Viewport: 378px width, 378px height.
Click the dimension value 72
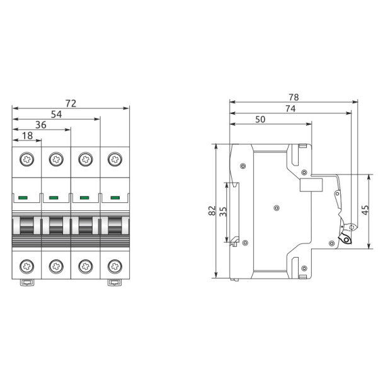coord(71,103)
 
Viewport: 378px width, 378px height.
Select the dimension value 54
coord(56,114)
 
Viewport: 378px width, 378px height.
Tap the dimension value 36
coord(41,125)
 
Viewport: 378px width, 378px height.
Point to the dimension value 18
coord(26,136)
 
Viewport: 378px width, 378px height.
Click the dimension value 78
coord(293,97)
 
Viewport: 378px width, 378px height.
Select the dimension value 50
coord(261,120)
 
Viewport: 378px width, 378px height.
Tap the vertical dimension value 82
coord(212,211)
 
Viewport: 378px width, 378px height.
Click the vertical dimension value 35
coord(222,211)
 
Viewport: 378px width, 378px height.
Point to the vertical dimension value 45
coord(365,210)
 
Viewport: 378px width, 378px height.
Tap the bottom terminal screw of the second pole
coord(56,265)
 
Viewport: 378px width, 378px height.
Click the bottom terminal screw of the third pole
coord(85,265)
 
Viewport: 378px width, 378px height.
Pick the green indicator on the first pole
coord(23,198)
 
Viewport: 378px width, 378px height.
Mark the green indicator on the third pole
coord(84,198)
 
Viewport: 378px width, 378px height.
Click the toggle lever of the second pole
coord(56,224)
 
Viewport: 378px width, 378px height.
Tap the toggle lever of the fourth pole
coord(114,224)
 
